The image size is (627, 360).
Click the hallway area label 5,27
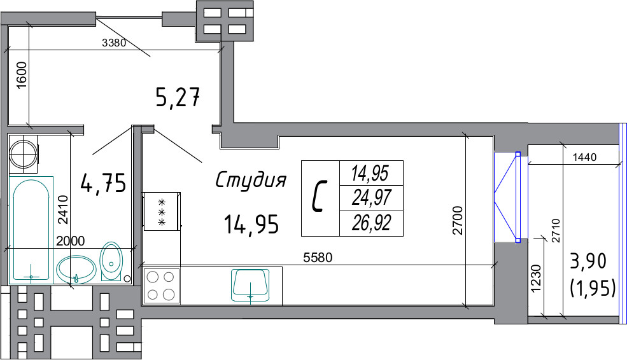point(177,98)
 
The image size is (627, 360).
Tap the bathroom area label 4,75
point(103,183)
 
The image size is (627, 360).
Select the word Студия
point(251,180)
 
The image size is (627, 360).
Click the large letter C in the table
point(320,196)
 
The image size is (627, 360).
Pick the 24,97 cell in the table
point(371,198)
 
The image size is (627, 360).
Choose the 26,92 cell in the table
point(371,223)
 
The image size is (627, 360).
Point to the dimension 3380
point(114,43)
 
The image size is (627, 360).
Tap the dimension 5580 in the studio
point(318,258)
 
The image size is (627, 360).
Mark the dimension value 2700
point(457,220)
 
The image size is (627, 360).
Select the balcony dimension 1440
point(584,158)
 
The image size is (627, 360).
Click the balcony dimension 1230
point(535,278)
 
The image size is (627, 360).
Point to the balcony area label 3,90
point(588,261)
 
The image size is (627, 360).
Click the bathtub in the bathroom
point(31,230)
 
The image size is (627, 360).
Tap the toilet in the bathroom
point(111,261)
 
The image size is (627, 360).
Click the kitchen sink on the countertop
point(250,284)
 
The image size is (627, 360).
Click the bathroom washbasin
point(76,270)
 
